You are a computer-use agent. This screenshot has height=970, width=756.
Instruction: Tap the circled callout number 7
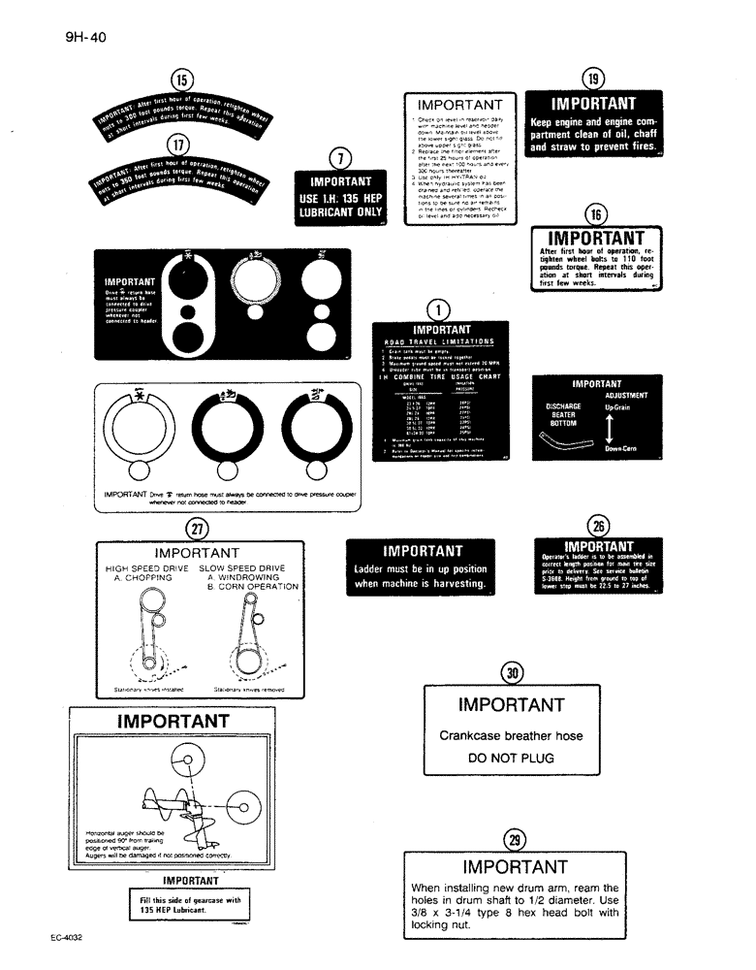point(339,158)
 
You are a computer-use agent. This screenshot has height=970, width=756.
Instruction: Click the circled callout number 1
point(440,309)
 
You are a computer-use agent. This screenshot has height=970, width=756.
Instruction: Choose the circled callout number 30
point(510,671)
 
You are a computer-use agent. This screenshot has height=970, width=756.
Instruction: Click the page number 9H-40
point(86,38)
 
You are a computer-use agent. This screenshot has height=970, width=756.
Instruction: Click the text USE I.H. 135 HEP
point(340,200)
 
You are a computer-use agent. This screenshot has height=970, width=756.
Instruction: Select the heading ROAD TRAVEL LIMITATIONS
point(441,341)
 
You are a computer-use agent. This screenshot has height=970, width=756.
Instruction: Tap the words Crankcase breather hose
point(511,735)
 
